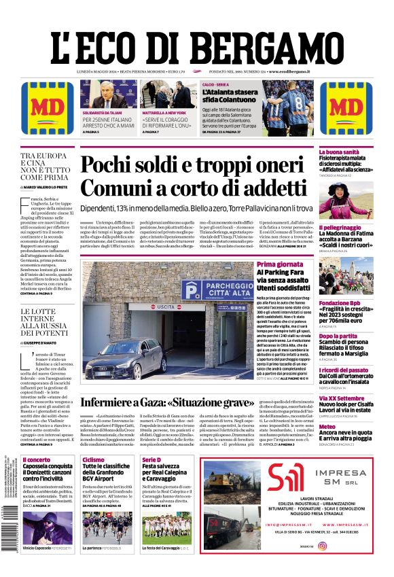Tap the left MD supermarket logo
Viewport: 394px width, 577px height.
coord(43,109)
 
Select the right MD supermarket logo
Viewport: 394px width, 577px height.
coord(350,109)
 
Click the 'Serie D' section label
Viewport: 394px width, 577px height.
coord(151,460)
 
